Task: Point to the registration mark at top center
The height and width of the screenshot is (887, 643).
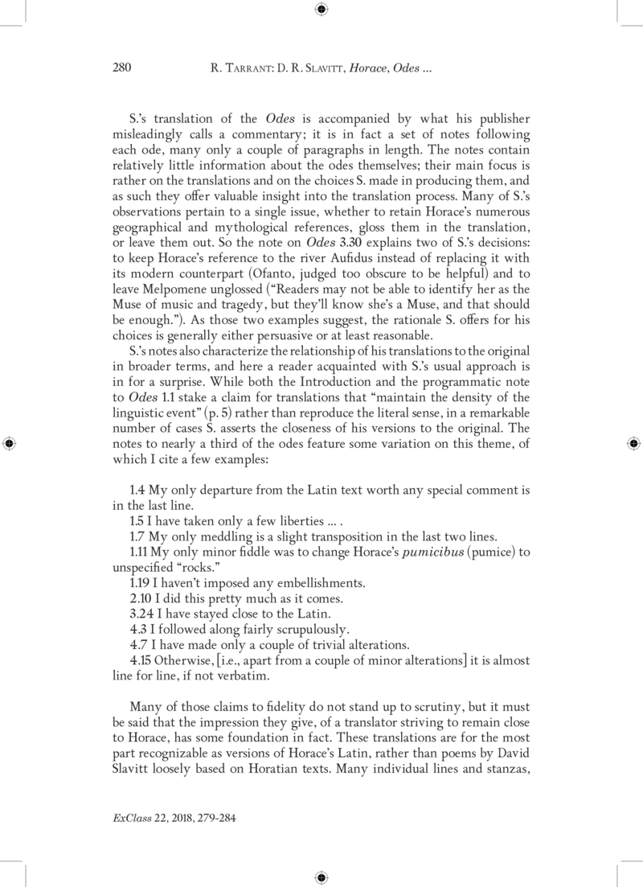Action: [x=321, y=10]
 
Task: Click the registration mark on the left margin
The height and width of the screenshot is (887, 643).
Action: [x=10, y=442]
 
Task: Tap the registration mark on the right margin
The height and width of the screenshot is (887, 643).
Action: [x=633, y=442]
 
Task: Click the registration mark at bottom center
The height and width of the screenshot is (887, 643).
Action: [x=321, y=877]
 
